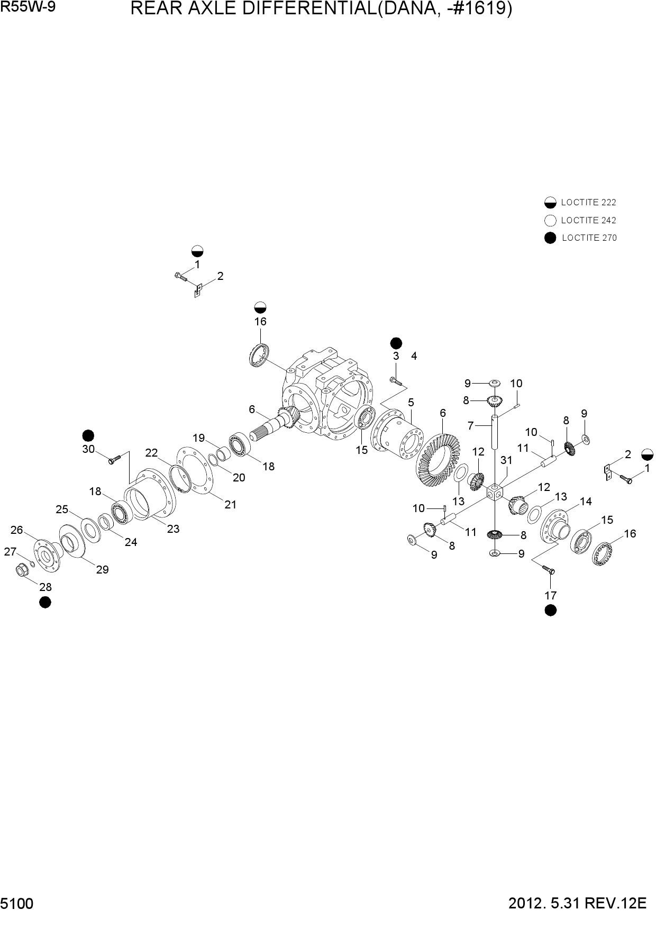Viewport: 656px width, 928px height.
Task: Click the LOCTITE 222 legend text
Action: point(588,202)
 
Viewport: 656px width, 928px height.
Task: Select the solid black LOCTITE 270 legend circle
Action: point(550,238)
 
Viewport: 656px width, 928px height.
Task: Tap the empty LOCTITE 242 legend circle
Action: point(550,221)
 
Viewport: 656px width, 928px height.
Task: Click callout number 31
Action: point(506,460)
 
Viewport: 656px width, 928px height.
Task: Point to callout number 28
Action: point(45,587)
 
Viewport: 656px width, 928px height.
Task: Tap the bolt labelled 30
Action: point(115,458)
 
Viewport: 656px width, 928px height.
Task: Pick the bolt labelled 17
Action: point(549,569)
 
